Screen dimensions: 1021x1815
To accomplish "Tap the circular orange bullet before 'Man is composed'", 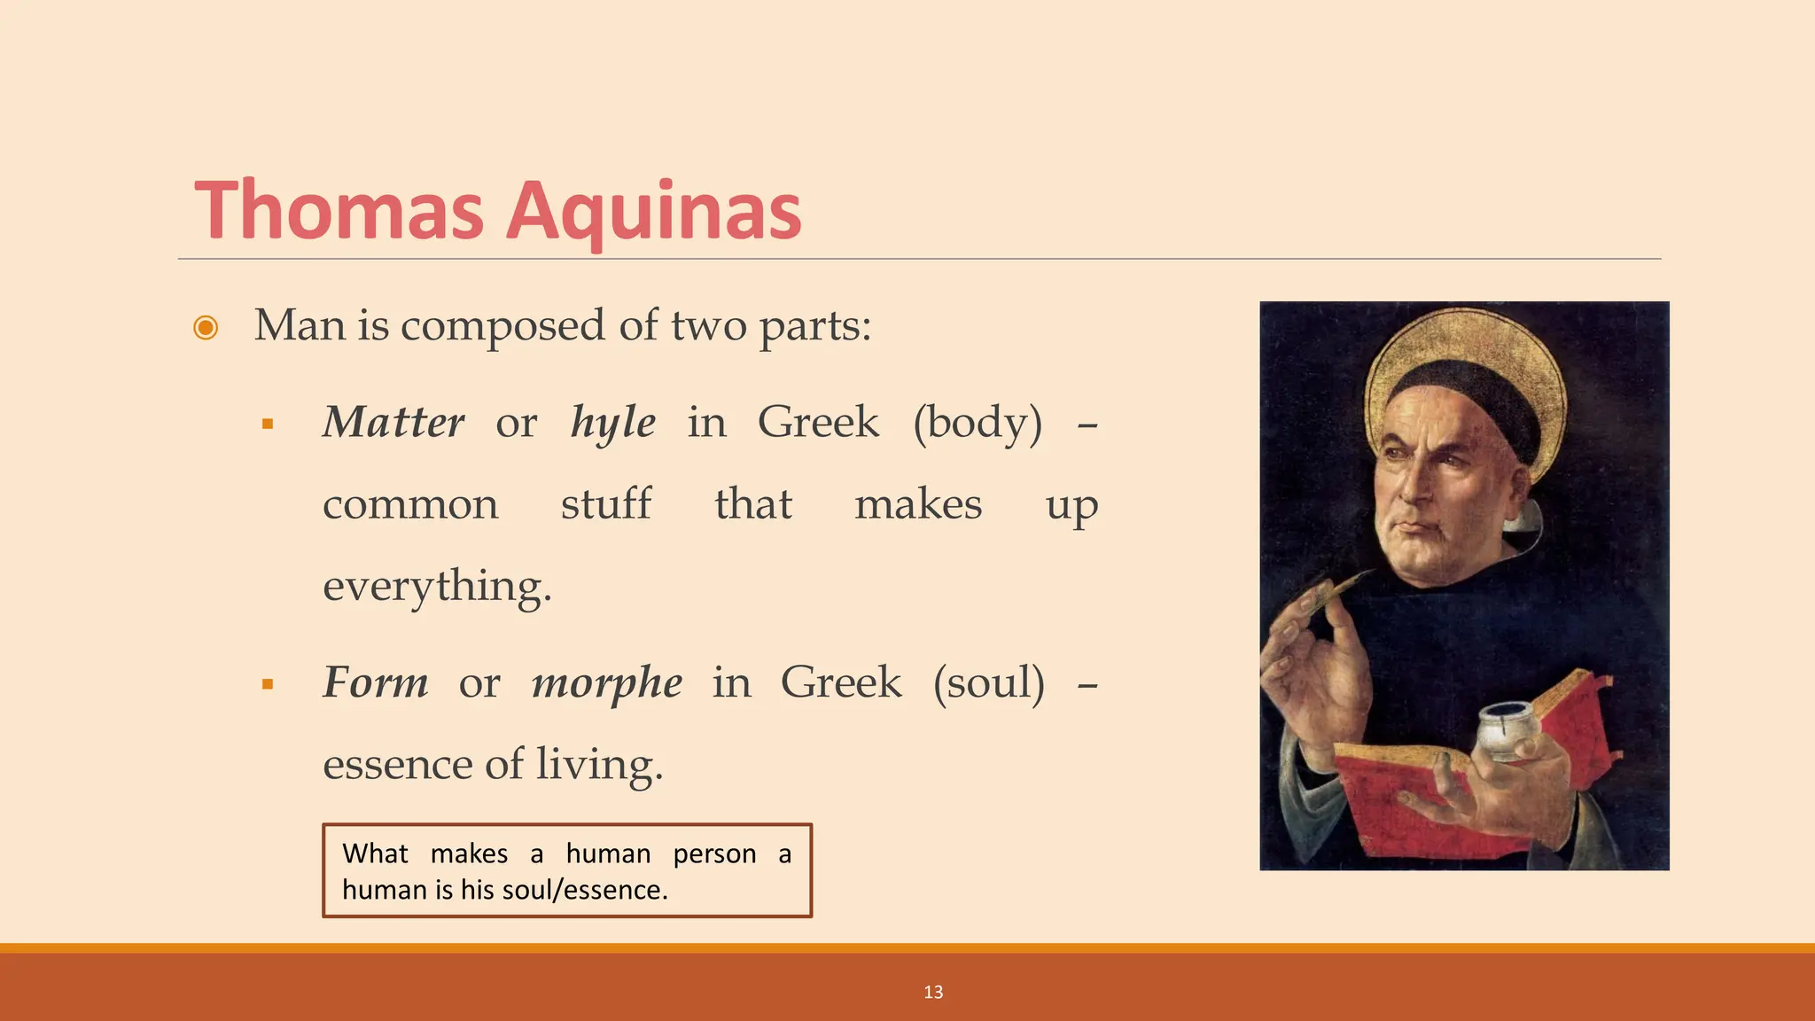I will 206,328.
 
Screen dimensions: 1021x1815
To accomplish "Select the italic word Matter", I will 393,422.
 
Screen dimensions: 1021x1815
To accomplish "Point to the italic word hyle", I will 613,423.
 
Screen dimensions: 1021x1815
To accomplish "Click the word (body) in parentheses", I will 978,423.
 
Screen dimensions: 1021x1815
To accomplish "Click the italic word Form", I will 376,682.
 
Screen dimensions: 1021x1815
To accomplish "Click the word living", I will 599,765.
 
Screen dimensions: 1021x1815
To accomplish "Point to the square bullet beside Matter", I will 268,425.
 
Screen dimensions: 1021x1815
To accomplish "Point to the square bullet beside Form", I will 268,684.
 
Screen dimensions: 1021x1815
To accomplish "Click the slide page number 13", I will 933,993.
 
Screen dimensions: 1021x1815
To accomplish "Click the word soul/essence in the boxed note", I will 585,890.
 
